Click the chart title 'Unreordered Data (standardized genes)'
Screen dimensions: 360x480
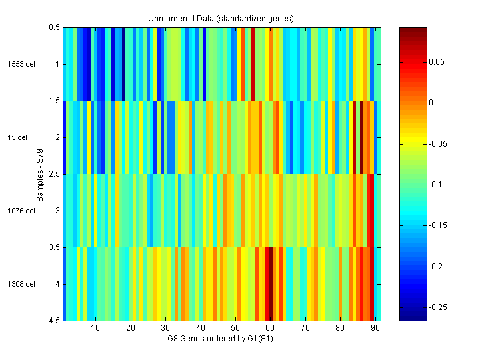221,18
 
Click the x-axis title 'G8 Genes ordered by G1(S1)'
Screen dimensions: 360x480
221,339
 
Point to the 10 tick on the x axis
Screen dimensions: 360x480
95,328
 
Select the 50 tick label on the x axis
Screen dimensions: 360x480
235,328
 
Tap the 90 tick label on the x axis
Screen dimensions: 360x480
375,328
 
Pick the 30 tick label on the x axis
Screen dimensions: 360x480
165,328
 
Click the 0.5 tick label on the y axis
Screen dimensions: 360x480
54,27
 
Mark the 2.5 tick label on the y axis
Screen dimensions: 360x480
54,174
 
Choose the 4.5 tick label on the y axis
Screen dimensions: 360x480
54,321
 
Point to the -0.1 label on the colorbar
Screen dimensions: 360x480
433,184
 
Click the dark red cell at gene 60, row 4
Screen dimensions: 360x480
270,284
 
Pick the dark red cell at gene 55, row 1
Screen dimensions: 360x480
253,64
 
